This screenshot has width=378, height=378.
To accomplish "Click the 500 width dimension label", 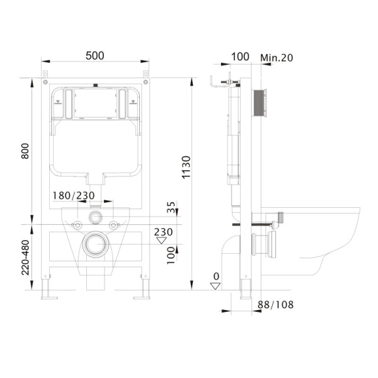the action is (x=95, y=55).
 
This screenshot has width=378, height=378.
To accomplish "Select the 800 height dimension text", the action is (x=25, y=151).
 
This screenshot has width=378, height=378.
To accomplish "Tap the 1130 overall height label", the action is (x=186, y=168).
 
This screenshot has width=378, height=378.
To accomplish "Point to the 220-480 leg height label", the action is (x=25, y=258).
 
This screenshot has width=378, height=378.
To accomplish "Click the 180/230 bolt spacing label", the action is (x=74, y=195).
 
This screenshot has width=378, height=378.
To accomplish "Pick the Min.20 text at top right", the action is (x=277, y=57).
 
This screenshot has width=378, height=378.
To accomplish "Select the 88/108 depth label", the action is (x=275, y=305).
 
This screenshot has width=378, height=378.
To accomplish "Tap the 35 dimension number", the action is (x=171, y=207).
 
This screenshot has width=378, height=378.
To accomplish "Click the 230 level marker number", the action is (x=163, y=232).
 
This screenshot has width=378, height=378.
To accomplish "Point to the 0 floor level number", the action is (x=216, y=277).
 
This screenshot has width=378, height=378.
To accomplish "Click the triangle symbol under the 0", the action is (x=215, y=286).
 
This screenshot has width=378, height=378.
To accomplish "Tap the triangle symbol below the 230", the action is (x=161, y=241).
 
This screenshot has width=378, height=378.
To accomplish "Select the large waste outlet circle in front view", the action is (x=96, y=244).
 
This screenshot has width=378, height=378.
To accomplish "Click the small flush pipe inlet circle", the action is (x=96, y=217).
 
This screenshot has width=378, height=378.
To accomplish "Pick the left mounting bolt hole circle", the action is (x=77, y=225).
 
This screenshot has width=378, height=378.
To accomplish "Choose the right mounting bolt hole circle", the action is (x=113, y=225).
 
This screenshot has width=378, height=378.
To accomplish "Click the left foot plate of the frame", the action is (x=49, y=298).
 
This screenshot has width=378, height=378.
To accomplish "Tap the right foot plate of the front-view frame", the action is (x=142, y=298).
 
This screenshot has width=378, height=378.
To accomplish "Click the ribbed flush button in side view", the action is (x=260, y=104).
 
